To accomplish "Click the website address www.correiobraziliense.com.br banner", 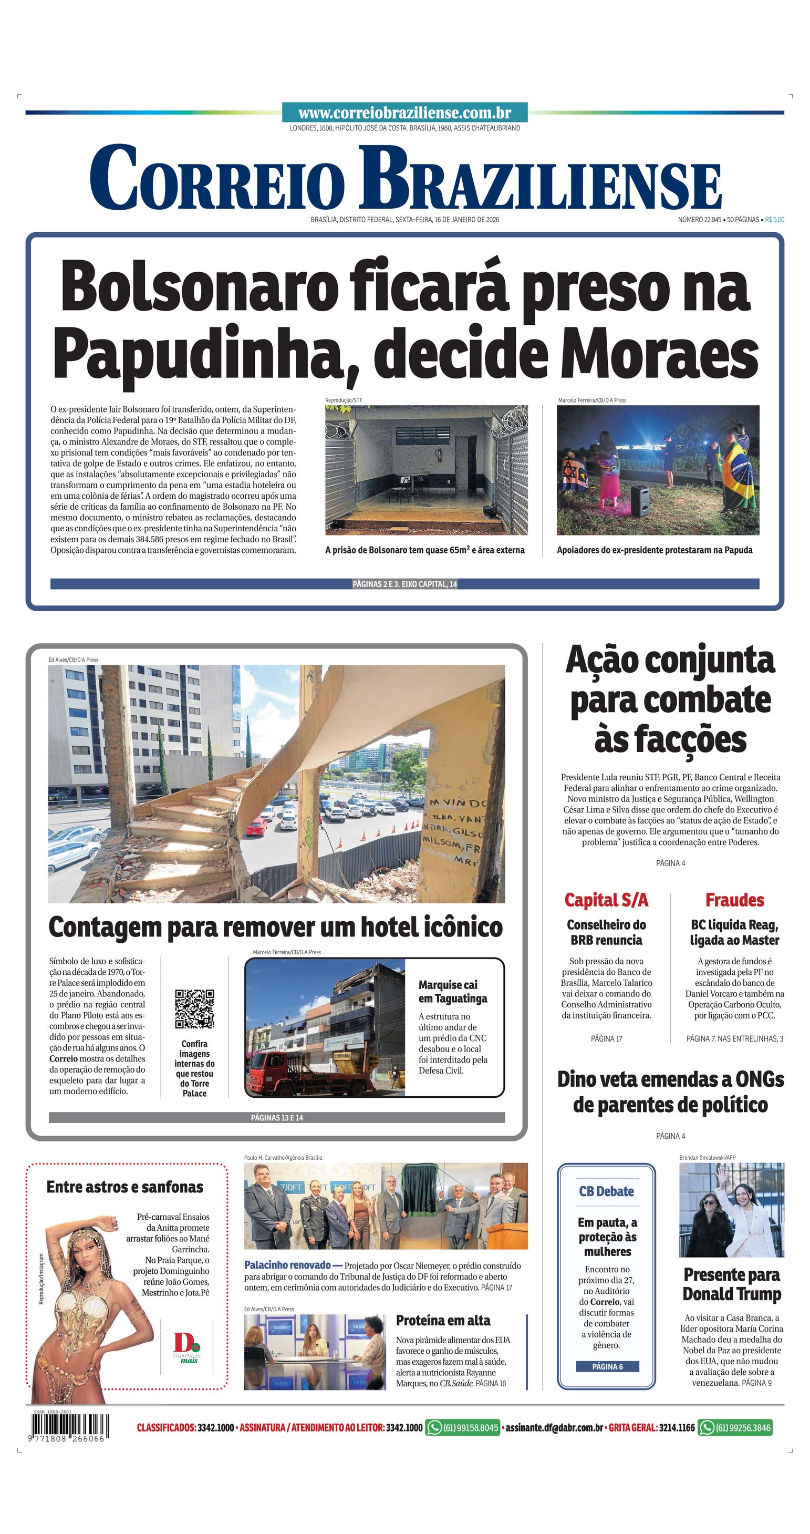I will (x=404, y=112).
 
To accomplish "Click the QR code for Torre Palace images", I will (x=194, y=1009).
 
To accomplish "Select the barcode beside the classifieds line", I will (x=68, y=1428).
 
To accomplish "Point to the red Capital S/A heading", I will (x=606, y=900).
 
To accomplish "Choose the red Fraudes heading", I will (x=734, y=900).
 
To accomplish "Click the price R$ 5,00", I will (x=774, y=220).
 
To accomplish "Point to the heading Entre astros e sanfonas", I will (x=125, y=1187).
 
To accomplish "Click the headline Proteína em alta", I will (x=443, y=1320).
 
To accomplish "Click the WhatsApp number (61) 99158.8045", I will (x=463, y=1427).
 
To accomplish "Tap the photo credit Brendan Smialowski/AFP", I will (x=707, y=1158).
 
